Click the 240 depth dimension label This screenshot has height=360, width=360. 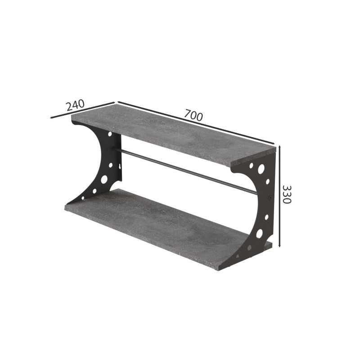(x=75, y=105)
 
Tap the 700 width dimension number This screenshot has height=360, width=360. (x=193, y=115)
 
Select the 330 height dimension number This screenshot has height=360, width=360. (x=287, y=194)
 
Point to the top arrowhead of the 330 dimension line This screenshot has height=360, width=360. (x=279, y=147)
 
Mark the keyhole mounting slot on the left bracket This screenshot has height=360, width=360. (x=119, y=166)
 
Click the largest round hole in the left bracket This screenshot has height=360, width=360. (x=104, y=179)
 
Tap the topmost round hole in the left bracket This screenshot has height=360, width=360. (x=110, y=134)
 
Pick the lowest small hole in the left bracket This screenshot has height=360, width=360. (x=83, y=198)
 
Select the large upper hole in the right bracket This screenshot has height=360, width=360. (x=261, y=169)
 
